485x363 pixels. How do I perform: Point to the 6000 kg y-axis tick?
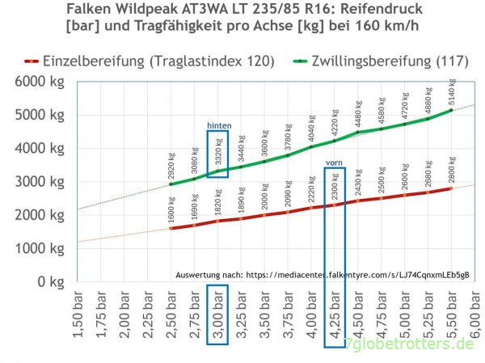tap(33, 82)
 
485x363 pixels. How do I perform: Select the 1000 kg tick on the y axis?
tap(33, 249)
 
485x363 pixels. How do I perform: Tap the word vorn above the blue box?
tap(335, 163)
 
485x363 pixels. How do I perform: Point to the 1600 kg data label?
tap(171, 209)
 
